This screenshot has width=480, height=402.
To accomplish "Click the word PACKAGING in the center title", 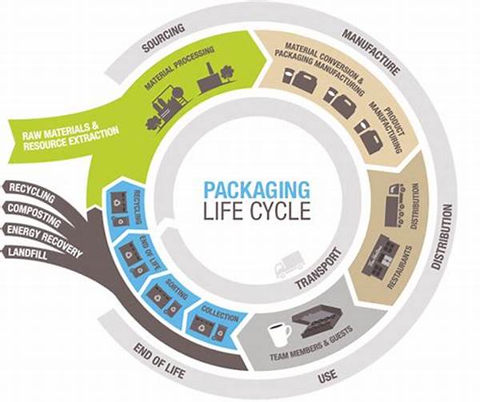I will tap(255, 190).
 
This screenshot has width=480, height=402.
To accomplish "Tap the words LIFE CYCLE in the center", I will tap(255, 214).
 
